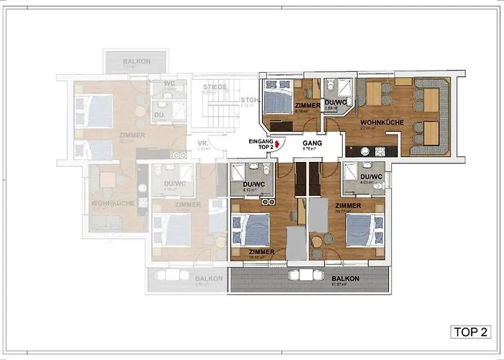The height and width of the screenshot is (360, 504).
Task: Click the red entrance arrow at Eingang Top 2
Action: pos(268,145)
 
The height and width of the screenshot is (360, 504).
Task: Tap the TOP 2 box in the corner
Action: pos(470,332)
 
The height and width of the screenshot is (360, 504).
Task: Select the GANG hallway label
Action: pos(312,143)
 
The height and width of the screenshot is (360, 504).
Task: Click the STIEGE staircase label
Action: pos(214,87)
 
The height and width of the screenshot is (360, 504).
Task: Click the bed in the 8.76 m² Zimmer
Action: pos(276,99)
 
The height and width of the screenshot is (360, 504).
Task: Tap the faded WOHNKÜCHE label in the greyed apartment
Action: pos(112,204)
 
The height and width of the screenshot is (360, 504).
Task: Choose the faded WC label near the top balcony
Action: pos(170,84)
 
